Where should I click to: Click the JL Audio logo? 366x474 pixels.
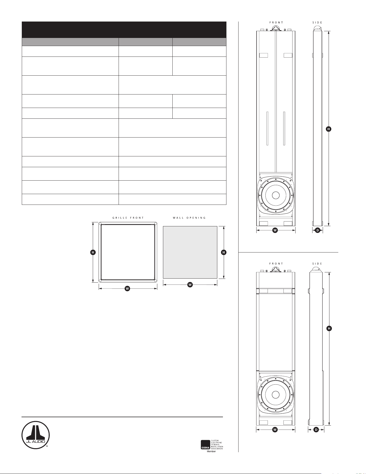tap(35, 435)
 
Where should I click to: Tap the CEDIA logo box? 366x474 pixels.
tap(205, 444)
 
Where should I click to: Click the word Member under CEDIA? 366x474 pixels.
tap(211, 451)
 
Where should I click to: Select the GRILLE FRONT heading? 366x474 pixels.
tap(128, 218)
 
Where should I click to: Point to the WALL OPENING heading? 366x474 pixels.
tap(189, 218)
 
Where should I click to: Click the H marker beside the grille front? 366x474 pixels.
tap(93, 252)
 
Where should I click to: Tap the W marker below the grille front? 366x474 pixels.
tap(128, 289)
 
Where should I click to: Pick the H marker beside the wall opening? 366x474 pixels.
tap(224, 252)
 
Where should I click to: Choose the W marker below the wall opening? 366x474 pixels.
tap(190, 285)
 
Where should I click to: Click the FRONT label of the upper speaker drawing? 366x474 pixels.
tap(276, 23)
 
